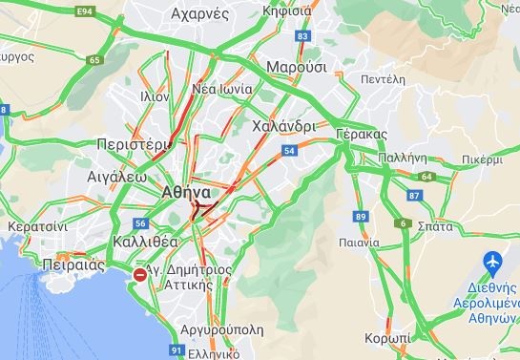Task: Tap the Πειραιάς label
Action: coord(73,265)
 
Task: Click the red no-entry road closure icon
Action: coord(140,275)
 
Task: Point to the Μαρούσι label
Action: coord(297,68)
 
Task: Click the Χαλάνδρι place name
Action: coord(284,126)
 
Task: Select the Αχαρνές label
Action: coord(199,13)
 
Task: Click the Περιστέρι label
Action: coord(134,144)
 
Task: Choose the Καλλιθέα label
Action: coord(140,241)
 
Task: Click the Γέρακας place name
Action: coord(362,133)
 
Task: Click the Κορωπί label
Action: coord(387,339)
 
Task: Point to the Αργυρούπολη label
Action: coord(221,328)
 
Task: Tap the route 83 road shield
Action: coord(303,36)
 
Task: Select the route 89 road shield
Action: coord(361,218)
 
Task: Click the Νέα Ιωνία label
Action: coord(222,89)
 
